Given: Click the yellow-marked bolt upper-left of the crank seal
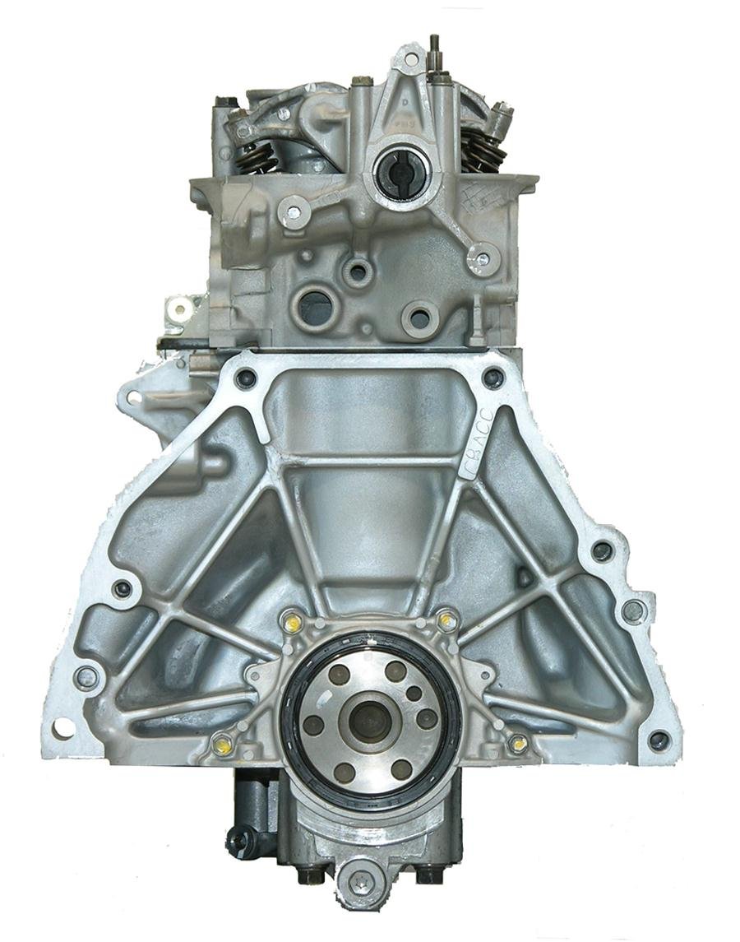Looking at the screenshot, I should (x=291, y=624).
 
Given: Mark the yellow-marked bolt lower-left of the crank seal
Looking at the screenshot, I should (x=221, y=746).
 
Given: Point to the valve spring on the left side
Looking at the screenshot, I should (x=256, y=156).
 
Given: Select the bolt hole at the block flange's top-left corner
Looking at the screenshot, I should (x=244, y=379).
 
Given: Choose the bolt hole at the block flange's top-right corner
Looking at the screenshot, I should (x=493, y=378).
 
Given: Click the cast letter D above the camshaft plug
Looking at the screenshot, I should (x=404, y=102).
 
